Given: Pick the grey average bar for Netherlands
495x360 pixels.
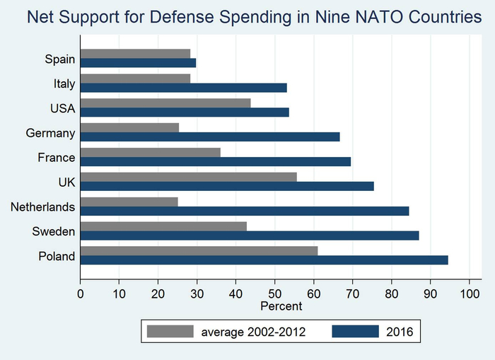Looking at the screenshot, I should click(129, 202).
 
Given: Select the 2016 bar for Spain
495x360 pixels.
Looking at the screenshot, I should click(138, 62).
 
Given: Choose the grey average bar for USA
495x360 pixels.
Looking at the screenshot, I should click(165, 103).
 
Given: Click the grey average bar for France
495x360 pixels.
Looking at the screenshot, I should click(150, 152).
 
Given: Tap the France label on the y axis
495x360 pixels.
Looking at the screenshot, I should click(57, 157).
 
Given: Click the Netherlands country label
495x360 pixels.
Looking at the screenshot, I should click(42, 207).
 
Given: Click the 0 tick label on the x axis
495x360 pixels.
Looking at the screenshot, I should click(81, 291).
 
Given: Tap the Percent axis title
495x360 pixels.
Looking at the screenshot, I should click(281, 306).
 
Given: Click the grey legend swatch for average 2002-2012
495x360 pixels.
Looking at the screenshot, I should click(170, 331).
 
